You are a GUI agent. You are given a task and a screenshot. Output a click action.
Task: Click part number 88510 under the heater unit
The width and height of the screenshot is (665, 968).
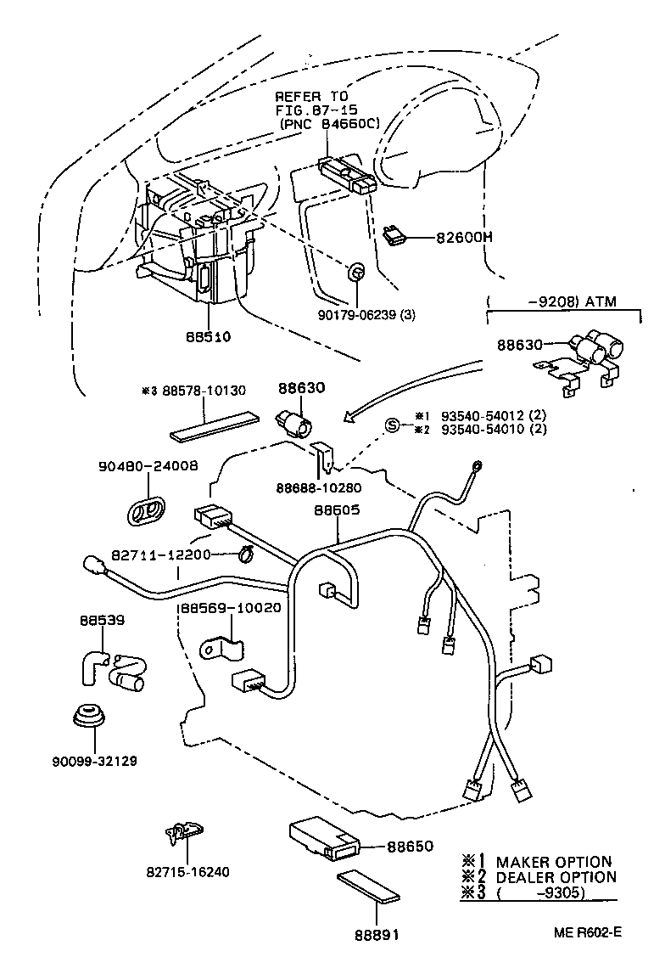pyautogui.click(x=208, y=336)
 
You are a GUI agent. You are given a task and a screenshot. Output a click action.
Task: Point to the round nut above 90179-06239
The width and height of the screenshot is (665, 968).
pyautogui.click(x=357, y=272)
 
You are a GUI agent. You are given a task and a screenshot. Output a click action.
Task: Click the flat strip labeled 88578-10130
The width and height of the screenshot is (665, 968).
pyautogui.click(x=216, y=426)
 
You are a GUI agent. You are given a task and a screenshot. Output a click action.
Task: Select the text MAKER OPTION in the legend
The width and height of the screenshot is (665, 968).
pyautogui.click(x=553, y=862)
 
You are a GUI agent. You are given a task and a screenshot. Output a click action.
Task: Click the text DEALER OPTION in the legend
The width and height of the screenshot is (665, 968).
pyautogui.click(x=556, y=876)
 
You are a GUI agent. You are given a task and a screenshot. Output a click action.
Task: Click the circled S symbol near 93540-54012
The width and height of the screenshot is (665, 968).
pyautogui.click(x=393, y=425)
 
